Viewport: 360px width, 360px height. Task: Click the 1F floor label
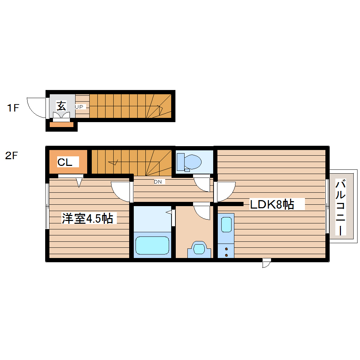tap(13, 108)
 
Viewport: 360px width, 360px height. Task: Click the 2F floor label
tap(11, 156)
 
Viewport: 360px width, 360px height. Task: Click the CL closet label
tap(65, 162)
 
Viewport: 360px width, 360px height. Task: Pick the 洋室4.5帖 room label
tap(87, 218)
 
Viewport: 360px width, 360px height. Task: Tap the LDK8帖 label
tap(272, 204)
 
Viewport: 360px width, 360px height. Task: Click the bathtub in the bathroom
tap(152, 245)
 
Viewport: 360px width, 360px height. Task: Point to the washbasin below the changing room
tap(199, 248)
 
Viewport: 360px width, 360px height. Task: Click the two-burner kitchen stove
tap(226, 251)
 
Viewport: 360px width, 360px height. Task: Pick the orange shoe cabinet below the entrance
tap(61, 124)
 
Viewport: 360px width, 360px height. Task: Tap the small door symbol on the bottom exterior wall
tap(266, 263)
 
